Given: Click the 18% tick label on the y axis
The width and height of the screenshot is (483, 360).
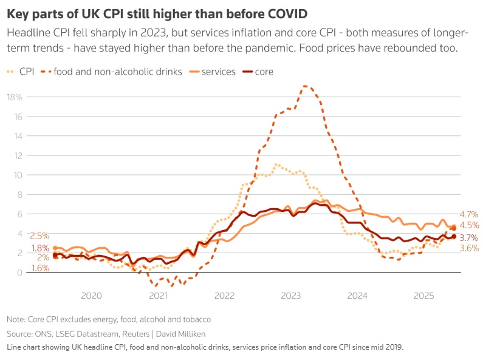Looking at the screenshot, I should pyautogui.click(x=15, y=97).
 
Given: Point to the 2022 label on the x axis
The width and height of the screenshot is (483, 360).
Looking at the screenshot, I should pyautogui.click(x=224, y=296).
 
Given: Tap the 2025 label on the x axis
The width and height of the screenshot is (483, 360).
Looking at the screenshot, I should pyautogui.click(x=423, y=296).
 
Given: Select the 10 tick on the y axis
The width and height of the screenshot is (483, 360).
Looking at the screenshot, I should pyautogui.click(x=18, y=175).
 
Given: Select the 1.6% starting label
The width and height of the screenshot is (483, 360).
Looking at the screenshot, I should pyautogui.click(x=23, y=268).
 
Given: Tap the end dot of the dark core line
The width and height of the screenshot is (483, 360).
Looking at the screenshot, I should pyautogui.click(x=453, y=237).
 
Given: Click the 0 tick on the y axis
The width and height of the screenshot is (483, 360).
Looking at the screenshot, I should pyautogui.click(x=20, y=273).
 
